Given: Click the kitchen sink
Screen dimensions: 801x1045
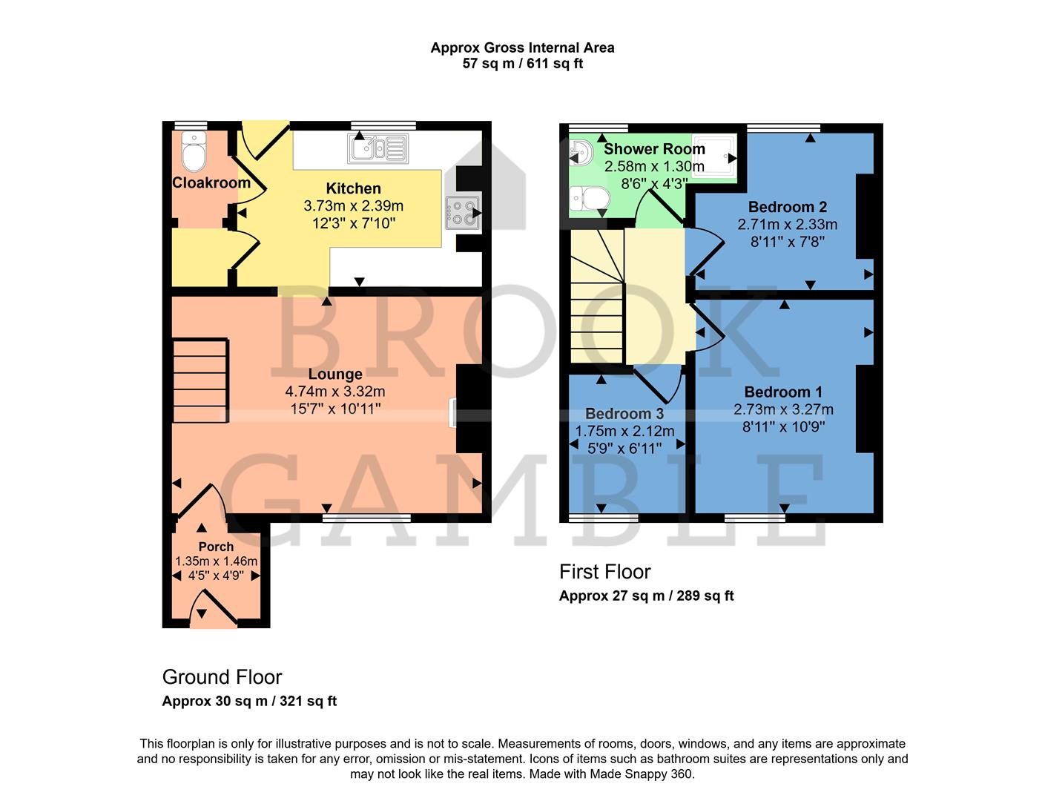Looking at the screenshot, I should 378,148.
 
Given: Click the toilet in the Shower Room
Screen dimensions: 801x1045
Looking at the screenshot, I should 592,199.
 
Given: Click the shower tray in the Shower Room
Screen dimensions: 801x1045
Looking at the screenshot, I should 715,156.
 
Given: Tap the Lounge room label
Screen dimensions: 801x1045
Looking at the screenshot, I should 335,375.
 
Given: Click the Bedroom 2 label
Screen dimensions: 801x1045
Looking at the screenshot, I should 787,207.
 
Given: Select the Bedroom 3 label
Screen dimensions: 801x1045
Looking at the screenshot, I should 624,414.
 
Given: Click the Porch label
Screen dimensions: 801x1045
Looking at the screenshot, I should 216,547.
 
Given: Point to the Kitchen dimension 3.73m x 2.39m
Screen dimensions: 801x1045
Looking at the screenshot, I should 353,205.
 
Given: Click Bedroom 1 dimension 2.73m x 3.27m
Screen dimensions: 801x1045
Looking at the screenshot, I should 783,409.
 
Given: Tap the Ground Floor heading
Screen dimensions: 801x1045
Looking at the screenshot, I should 222,677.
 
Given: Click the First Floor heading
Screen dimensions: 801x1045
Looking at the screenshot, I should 604,572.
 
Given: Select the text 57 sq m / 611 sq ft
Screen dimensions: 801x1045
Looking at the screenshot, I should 522,64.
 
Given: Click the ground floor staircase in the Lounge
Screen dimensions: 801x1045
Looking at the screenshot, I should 200,381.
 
